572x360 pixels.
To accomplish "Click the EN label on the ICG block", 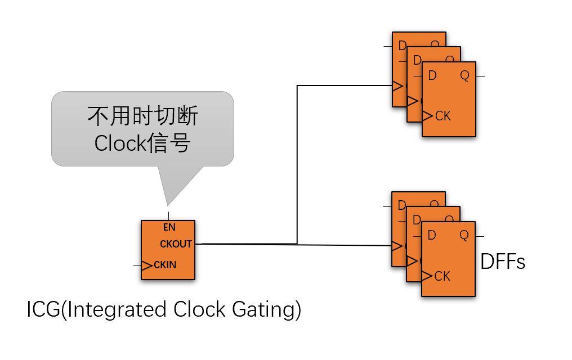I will [x=169, y=228].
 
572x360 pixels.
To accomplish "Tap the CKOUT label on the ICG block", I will [x=176, y=244].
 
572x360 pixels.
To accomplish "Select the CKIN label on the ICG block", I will [x=165, y=265].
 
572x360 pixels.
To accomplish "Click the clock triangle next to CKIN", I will [x=146, y=265].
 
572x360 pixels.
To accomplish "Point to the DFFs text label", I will [x=502, y=262].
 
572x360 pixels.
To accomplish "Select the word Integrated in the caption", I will [x=117, y=310].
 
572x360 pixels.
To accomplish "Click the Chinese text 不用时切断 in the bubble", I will [x=142, y=116].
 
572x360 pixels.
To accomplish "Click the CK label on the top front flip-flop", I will [x=443, y=116].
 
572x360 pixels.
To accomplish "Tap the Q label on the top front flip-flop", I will [x=464, y=75].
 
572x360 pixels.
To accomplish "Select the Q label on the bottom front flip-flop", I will [x=464, y=235].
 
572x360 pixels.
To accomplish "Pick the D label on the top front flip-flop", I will [x=432, y=75].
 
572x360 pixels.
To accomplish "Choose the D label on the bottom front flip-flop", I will [x=432, y=235].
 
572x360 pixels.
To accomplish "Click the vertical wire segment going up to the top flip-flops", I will [x=297, y=163].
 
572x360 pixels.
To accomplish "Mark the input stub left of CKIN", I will [x=137, y=265].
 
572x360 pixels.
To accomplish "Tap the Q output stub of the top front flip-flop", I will [x=480, y=75].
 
